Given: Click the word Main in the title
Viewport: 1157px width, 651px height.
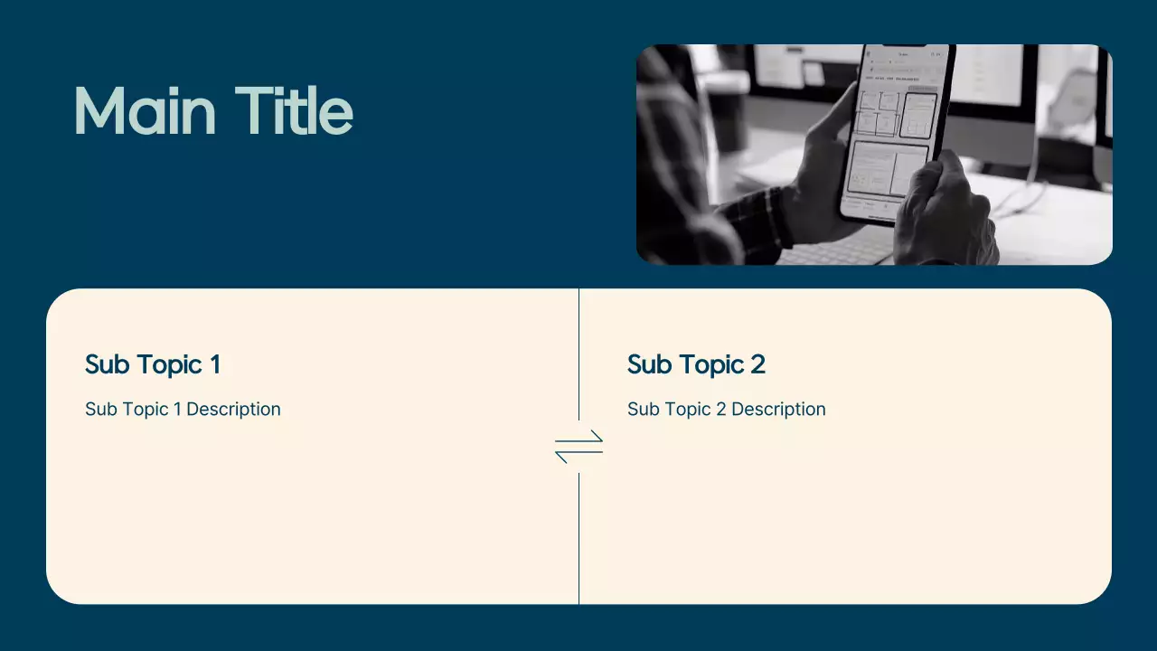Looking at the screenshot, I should coord(145,111).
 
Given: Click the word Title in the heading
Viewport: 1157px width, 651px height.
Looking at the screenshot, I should coord(294,111).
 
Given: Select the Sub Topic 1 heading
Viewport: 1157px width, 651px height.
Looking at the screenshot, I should coord(152,364).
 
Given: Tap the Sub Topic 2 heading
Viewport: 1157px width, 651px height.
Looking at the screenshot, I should coord(696,364).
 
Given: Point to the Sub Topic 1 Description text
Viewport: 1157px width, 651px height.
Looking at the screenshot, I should coord(183,410).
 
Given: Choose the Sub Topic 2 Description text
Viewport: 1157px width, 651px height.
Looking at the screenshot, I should coord(726,410).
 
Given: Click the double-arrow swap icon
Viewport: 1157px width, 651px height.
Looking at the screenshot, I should coord(578,447).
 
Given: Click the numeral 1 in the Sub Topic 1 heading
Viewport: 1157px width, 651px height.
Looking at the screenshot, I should coord(214,364).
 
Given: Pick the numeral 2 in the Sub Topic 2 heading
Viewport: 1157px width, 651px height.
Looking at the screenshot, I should coord(757,364).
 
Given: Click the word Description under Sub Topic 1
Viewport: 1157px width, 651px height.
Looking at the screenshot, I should coord(233,410).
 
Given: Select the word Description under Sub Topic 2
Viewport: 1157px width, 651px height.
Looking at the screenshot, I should coord(778,410).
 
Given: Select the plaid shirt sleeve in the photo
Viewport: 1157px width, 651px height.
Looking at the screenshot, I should coord(755,222).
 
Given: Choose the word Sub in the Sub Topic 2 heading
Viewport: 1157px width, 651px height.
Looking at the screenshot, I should coord(647,364).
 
